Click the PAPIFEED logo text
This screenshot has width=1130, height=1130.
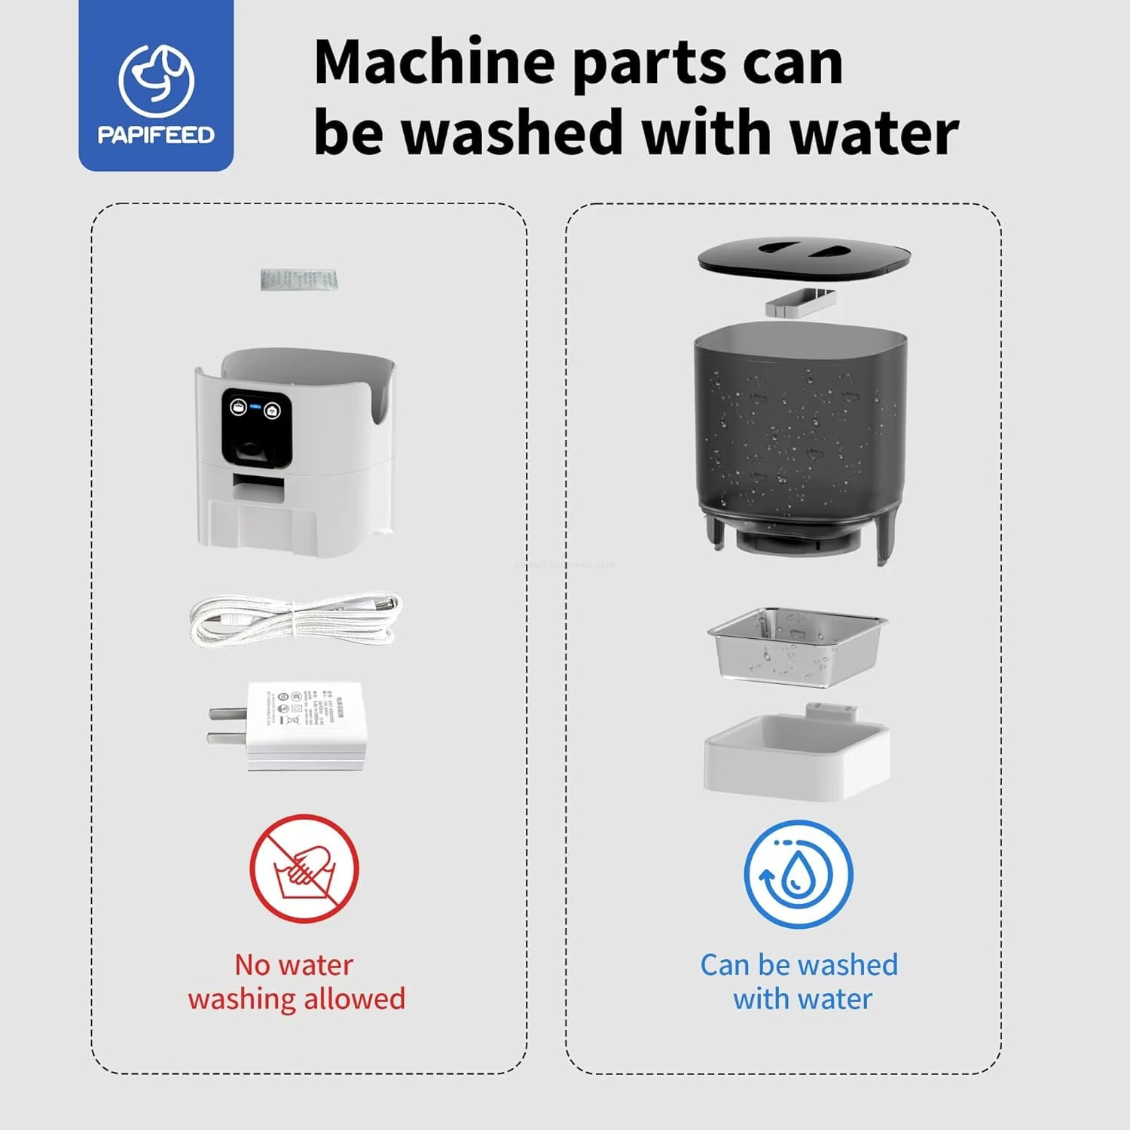[x=156, y=135]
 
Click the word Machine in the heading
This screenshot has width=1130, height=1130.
[x=435, y=63]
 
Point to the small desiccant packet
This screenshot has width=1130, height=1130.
[x=299, y=279]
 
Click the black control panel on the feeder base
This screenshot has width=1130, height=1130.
[x=257, y=428]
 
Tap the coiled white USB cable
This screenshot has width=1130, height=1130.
[x=295, y=619]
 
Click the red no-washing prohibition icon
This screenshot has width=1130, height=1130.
[x=304, y=869]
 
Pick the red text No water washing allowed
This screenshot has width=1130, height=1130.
[x=296, y=982]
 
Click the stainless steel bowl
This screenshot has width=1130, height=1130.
[x=797, y=645]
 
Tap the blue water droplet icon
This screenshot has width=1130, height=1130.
[x=799, y=874]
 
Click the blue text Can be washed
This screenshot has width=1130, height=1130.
[x=799, y=965]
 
